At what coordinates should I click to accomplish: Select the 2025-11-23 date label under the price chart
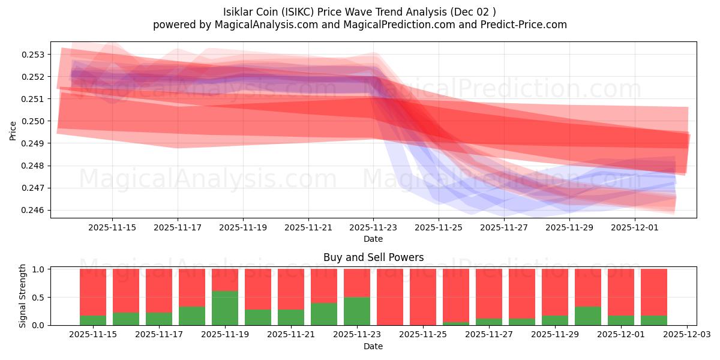click(x=373, y=228)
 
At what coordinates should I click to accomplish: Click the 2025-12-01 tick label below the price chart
click(x=635, y=228)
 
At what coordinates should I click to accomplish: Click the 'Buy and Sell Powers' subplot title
click(x=373, y=257)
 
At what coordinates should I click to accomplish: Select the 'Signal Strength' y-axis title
click(x=23, y=296)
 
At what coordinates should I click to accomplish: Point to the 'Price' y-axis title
click(x=13, y=130)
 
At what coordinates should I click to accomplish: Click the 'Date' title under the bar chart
click(x=373, y=346)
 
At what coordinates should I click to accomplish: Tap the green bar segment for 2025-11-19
click(x=225, y=308)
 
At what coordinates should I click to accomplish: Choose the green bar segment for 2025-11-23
click(x=357, y=311)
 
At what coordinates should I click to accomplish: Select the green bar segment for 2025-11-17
click(x=159, y=319)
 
